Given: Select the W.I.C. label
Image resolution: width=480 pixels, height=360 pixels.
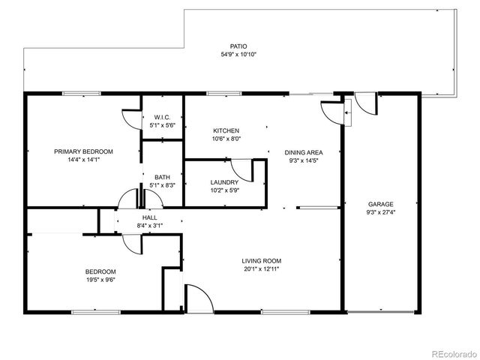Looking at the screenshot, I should coord(163,117).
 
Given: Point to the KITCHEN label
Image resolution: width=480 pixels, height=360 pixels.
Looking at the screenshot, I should coord(226,130).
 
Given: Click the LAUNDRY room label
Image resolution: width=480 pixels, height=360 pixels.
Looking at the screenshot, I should coord(225,182).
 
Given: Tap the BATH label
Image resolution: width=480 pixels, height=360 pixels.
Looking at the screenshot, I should coord(163,177).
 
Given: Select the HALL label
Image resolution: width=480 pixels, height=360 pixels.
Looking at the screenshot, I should coord(150,217).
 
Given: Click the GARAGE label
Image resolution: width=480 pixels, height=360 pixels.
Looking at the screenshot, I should coord(380,204).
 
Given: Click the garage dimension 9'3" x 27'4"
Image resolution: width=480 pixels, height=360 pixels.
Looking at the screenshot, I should coord(380,212).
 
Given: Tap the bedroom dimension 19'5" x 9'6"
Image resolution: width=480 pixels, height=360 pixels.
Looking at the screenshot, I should coord(100,280).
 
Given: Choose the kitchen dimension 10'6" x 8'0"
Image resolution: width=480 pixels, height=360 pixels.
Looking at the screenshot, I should coord(226,139).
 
